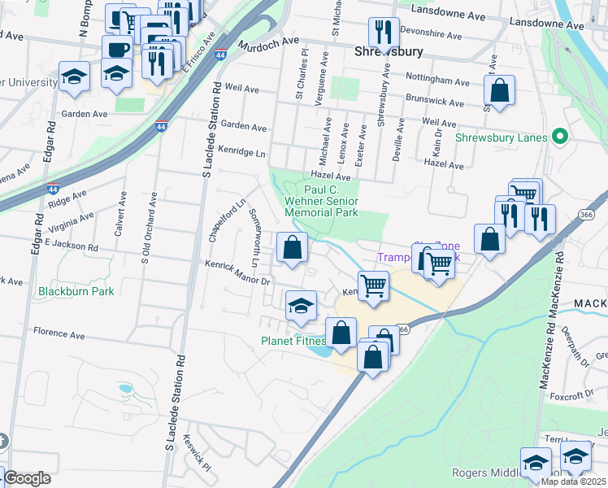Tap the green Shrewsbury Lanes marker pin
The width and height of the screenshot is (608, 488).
(558, 137)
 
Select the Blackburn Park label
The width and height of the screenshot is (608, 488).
(76, 290)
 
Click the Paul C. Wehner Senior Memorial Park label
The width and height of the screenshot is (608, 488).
(321, 201)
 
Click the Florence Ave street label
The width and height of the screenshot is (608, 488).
(59, 333)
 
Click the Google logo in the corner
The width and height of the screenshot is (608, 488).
(26, 478)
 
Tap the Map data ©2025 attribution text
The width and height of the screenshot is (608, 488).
(573, 481)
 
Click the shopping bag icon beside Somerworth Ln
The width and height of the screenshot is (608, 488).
(292, 247)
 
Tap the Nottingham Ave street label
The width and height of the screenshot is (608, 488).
(440, 82)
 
